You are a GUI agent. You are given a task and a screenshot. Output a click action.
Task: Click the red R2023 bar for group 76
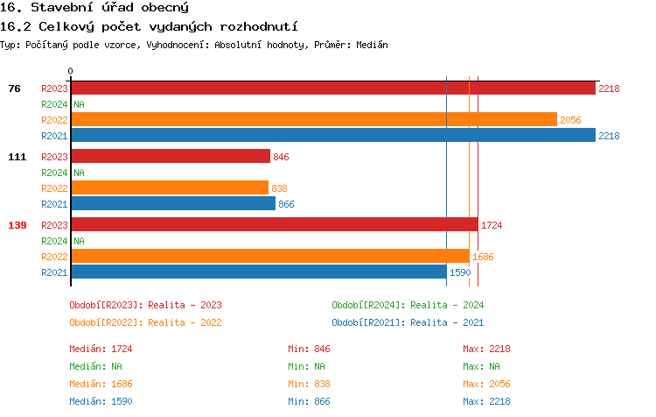click(332, 88)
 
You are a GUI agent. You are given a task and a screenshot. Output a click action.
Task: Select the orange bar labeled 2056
click(313, 119)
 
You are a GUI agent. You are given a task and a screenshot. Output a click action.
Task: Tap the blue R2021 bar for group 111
click(173, 203)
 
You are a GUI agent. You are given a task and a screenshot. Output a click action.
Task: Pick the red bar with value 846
click(171, 156)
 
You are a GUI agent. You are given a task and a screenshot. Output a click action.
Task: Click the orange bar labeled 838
click(170, 187)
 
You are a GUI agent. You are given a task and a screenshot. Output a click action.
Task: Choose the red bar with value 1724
click(274, 224)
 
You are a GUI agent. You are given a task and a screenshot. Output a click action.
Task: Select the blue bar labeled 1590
click(258, 272)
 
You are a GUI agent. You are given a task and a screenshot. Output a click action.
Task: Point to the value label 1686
click(483, 257)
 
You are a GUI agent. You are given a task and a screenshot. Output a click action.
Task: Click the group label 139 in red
click(17, 225)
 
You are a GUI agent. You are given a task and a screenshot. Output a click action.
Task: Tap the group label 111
click(17, 157)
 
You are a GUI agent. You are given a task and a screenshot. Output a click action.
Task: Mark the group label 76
click(15, 88)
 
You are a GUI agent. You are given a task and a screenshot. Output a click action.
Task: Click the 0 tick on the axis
click(71, 72)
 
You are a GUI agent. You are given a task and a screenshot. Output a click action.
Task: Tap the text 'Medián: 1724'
click(101, 349)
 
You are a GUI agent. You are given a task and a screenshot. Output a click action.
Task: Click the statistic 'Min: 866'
click(309, 401)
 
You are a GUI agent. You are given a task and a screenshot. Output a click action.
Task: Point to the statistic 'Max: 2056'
click(486, 384)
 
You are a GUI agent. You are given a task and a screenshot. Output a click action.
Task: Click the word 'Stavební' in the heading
click(63, 7)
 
